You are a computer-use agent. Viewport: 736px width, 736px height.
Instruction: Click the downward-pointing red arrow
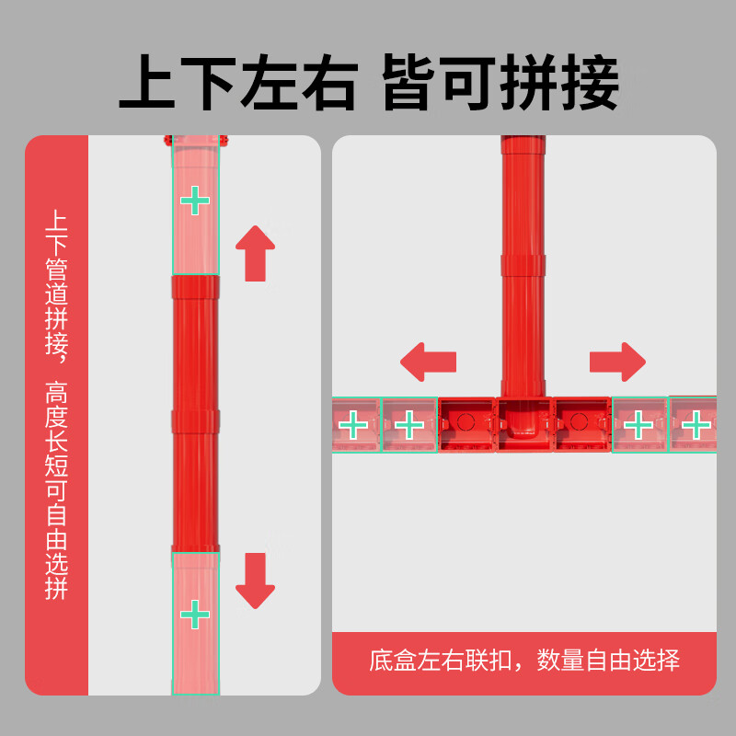tap(255, 581)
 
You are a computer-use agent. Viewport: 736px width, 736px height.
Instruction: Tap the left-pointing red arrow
tap(429, 360)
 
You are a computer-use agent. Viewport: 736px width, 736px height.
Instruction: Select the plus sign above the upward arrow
tap(194, 201)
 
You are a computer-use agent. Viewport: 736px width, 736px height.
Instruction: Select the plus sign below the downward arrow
tap(194, 614)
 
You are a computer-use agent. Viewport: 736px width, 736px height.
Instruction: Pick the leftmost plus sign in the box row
tap(352, 425)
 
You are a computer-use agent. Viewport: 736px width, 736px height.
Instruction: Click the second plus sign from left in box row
tap(408, 425)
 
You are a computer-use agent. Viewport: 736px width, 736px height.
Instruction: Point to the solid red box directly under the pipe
tap(523, 426)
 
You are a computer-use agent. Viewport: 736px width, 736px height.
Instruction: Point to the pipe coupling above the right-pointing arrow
tap(523, 264)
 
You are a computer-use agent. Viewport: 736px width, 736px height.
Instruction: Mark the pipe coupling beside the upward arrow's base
tap(195, 287)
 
